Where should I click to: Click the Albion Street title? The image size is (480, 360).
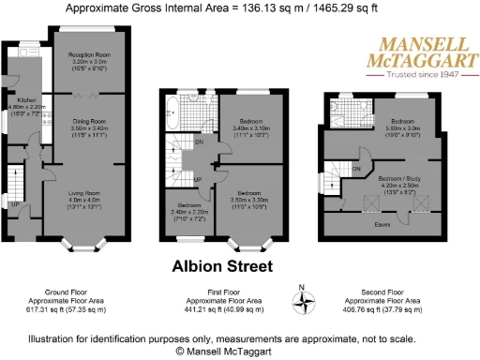222,267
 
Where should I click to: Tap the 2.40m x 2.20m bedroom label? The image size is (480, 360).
187,213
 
